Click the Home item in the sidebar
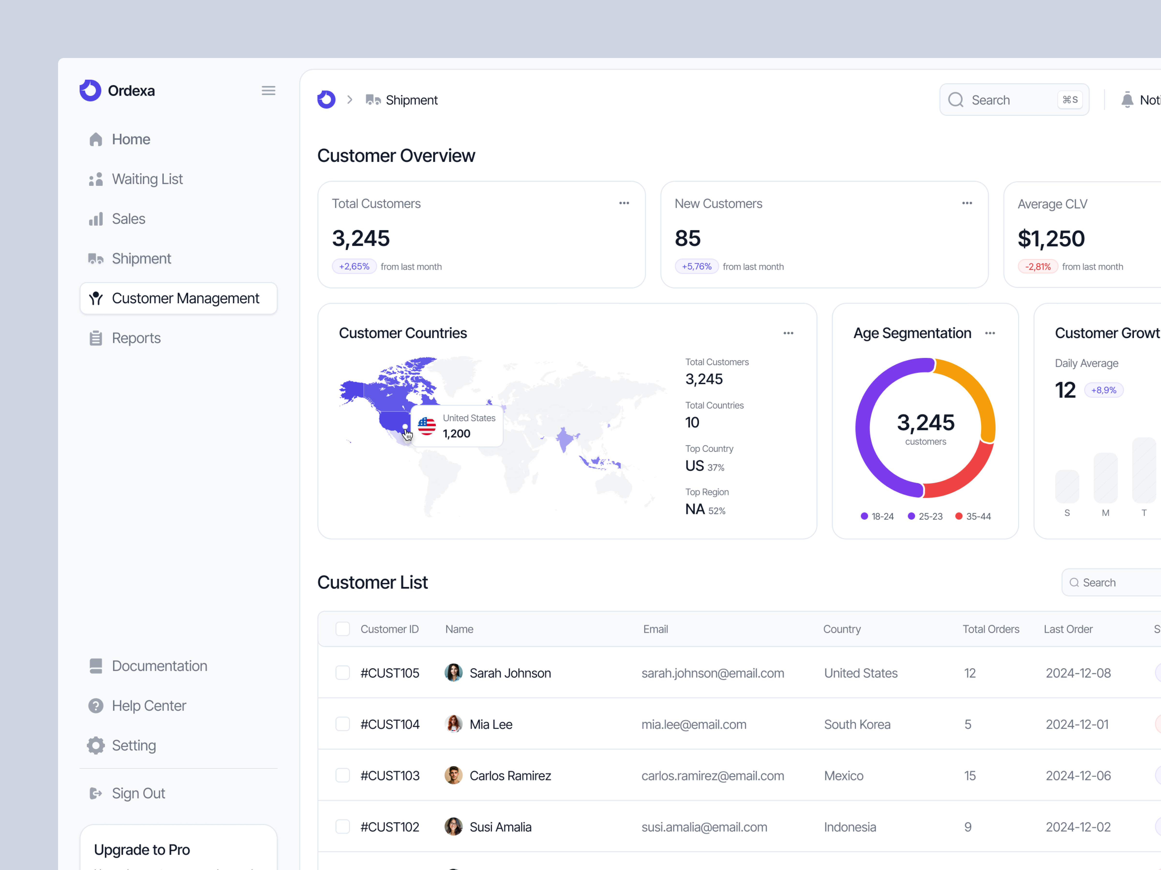[131, 139]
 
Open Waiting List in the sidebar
[147, 179]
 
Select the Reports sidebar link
[136, 338]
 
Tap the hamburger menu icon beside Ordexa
[268, 91]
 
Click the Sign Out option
[138, 793]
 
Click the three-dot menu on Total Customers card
[624, 203]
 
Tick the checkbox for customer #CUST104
[343, 724]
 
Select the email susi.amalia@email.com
[704, 827]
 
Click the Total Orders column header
[990, 629]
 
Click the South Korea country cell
[857, 724]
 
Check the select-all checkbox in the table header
[343, 629]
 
